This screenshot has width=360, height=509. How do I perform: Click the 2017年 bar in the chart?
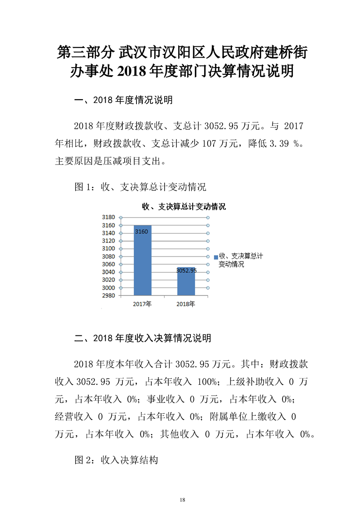[142, 261]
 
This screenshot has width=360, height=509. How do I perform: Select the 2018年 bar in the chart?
[186, 281]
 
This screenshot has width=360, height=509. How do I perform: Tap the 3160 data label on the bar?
[141, 231]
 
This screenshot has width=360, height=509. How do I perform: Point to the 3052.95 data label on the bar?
[186, 270]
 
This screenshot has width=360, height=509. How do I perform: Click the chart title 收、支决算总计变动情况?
[184, 207]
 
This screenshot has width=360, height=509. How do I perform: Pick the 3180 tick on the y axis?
[109, 218]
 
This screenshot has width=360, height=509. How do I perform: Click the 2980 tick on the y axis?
[109, 296]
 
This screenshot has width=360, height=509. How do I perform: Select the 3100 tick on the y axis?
[109, 249]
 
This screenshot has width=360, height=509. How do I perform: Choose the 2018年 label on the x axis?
[185, 304]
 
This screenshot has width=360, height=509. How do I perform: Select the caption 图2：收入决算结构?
[116, 460]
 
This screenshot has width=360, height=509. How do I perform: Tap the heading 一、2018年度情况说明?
[123, 100]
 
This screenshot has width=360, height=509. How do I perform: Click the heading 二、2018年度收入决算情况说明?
[142, 338]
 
